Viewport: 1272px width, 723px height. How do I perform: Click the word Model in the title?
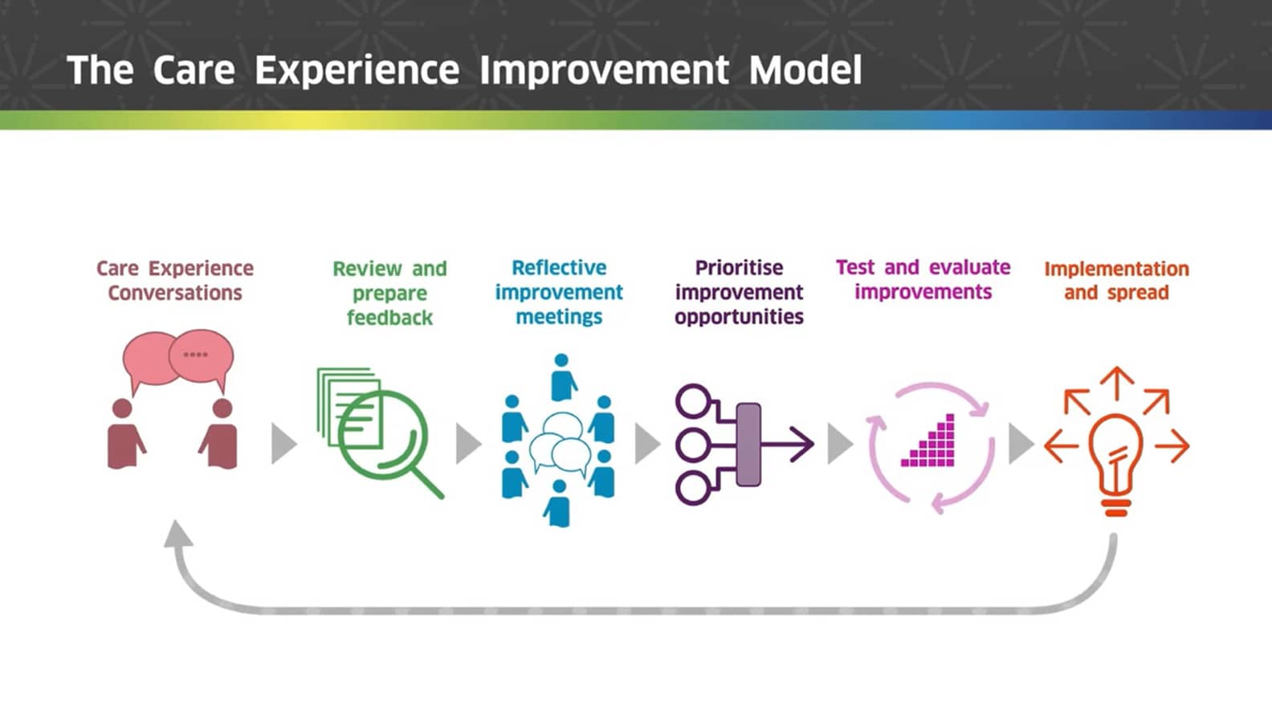(x=805, y=70)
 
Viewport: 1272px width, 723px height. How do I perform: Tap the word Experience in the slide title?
(x=357, y=70)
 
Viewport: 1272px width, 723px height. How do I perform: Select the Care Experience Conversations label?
(x=175, y=280)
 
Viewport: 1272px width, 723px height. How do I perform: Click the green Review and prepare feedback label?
(x=389, y=293)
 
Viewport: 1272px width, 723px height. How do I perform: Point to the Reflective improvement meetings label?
(x=559, y=292)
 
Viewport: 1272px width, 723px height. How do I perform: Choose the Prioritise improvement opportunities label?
(x=739, y=292)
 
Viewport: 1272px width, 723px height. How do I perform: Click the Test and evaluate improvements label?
(x=923, y=279)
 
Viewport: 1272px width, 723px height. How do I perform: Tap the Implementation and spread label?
(x=1116, y=280)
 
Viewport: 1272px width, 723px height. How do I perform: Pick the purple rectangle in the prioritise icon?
(x=748, y=445)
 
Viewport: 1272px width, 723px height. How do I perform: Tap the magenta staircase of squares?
(x=932, y=445)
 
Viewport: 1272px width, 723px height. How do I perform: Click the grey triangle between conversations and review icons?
(x=282, y=444)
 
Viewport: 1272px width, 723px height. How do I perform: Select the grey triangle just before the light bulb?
(x=1019, y=444)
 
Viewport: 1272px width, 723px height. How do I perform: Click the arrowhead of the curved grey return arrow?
(x=178, y=533)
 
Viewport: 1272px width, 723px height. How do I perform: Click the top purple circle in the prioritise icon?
(x=692, y=400)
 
